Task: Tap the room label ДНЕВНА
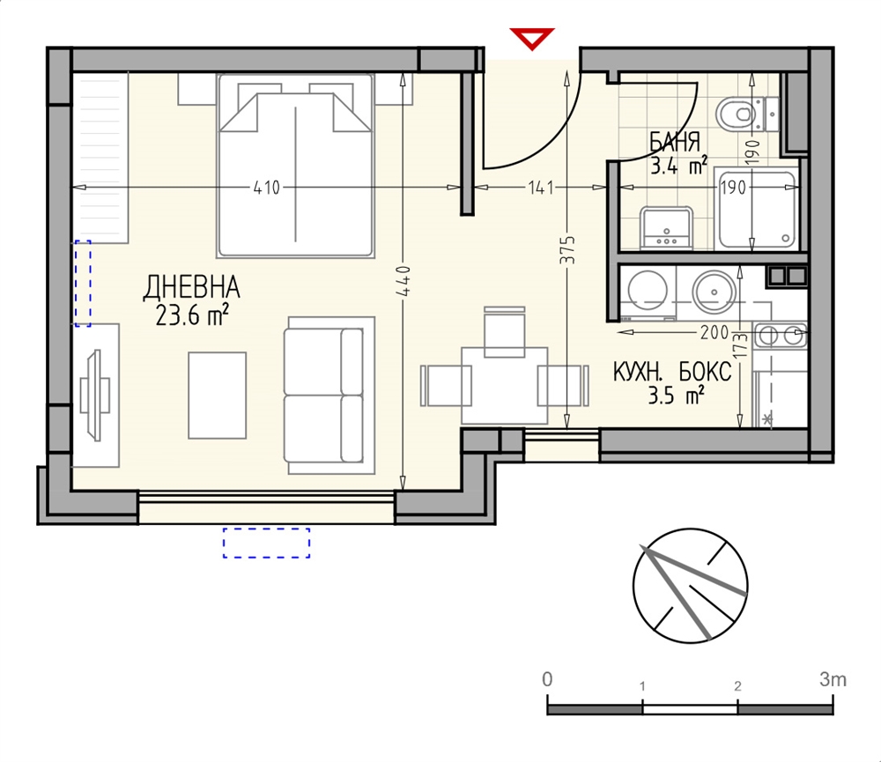[x=191, y=287]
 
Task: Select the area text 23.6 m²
[x=191, y=316]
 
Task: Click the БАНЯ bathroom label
[x=675, y=142]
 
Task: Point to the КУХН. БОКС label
[x=672, y=372]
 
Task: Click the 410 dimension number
[x=266, y=188]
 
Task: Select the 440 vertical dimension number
[x=405, y=281]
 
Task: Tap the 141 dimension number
[x=541, y=188]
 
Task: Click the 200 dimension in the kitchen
[x=714, y=333]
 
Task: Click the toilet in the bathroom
[x=747, y=114]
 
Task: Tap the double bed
[x=295, y=166]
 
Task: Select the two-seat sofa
[x=323, y=396]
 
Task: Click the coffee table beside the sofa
[x=217, y=395]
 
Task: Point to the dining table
[x=504, y=386]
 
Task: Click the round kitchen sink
[x=714, y=292]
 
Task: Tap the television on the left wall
[x=94, y=396]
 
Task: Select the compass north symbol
[x=690, y=585]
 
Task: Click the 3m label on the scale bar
[x=833, y=679]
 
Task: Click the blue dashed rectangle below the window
[x=266, y=543]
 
